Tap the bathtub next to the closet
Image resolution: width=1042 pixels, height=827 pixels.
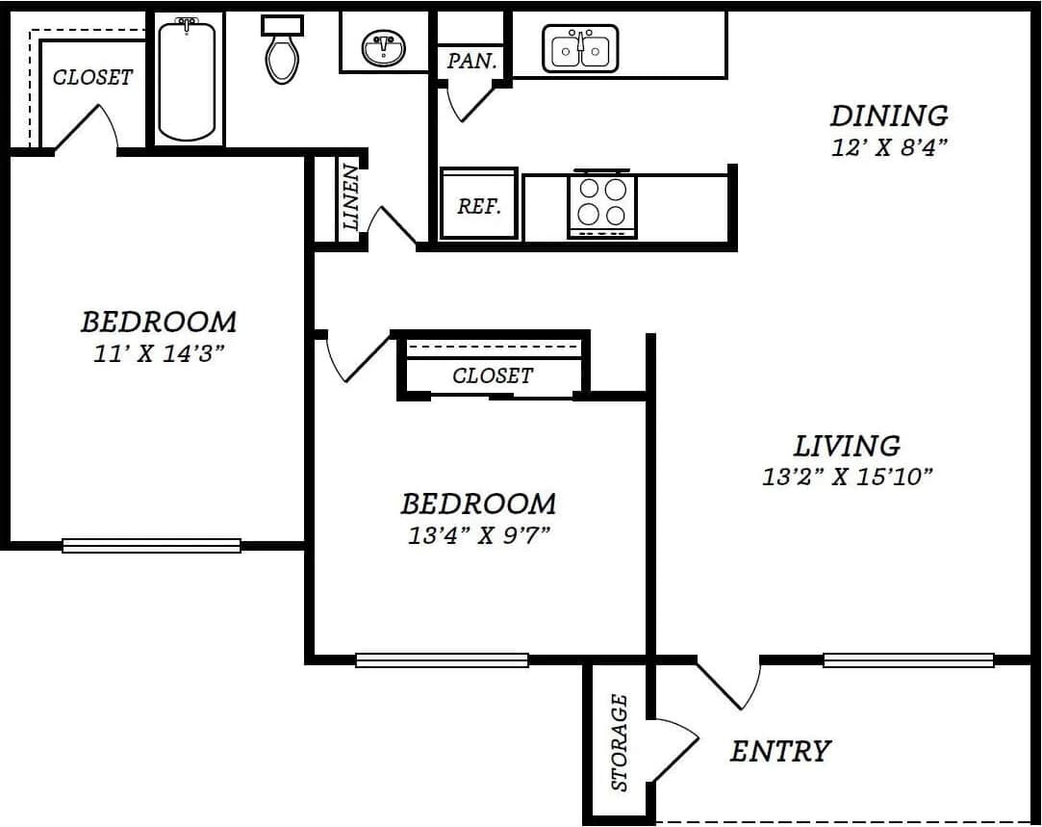coord(187,81)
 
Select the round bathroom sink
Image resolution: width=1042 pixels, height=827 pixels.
coord(383,47)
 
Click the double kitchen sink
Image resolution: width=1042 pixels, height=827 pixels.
coord(580,48)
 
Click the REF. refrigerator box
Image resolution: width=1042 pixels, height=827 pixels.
coord(479,205)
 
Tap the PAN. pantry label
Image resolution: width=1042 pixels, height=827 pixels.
coord(472,62)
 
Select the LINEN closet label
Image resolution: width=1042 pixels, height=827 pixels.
coord(351,197)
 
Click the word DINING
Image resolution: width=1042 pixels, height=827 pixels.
coord(889,116)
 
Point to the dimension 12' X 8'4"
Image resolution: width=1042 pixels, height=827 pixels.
coord(889,148)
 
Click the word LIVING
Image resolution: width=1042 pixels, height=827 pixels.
coord(847,446)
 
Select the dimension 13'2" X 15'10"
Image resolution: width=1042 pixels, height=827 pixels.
coord(847,477)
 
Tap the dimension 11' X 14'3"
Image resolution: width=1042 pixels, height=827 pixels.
coord(158,351)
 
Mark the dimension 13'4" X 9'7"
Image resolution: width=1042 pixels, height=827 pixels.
coord(478,534)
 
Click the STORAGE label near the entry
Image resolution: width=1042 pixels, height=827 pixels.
coord(620,742)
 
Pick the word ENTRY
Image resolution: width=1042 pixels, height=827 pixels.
coord(780,751)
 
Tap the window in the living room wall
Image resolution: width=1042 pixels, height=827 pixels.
coord(908,660)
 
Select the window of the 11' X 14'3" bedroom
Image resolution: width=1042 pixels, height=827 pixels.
coord(151,546)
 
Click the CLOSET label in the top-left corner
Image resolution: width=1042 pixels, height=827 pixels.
coord(92,77)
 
